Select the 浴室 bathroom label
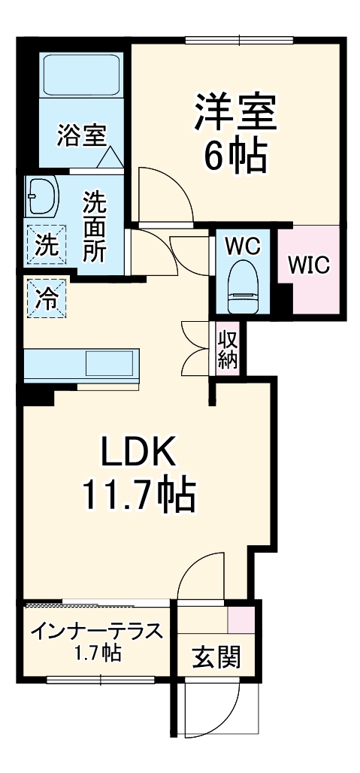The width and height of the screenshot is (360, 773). click(80, 136)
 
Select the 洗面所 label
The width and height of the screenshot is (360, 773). click(93, 226)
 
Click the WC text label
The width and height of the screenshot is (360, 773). click(242, 245)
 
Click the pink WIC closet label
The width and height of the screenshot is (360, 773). click(308, 265)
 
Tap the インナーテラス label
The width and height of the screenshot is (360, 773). click(95, 630)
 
